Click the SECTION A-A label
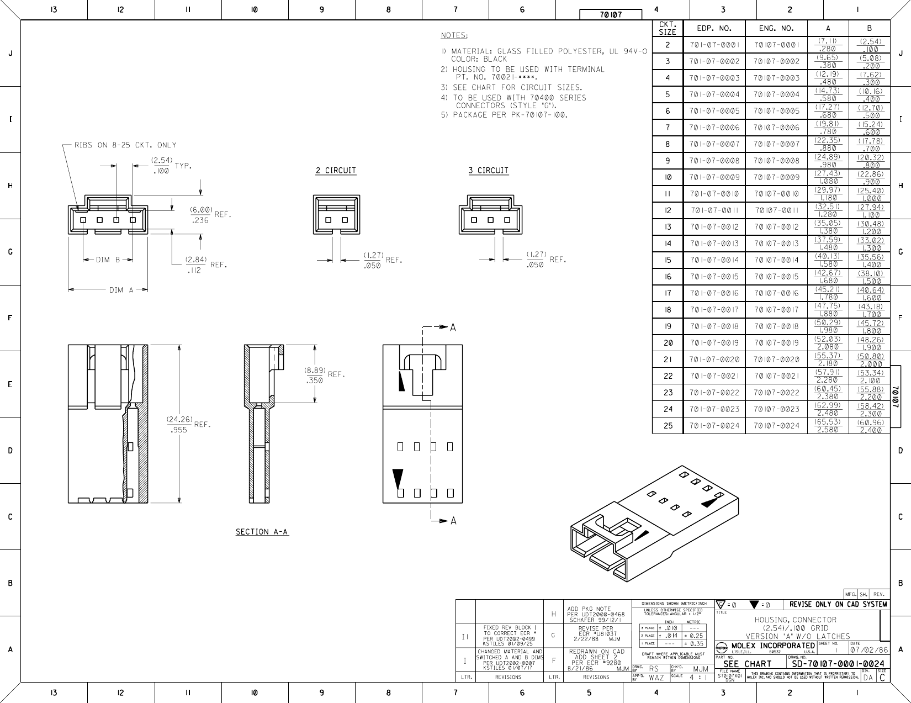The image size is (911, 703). coord(262,532)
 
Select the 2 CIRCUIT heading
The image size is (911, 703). coord(336,170)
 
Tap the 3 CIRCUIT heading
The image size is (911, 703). coord(488,170)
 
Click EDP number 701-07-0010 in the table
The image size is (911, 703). coord(714,194)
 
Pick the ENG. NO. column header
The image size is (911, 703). coord(776,28)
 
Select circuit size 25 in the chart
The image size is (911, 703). coord(668,426)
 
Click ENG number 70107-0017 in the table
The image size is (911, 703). coord(776,310)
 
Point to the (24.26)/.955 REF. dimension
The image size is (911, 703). coord(187,424)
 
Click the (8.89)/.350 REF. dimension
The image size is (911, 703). coord(324,375)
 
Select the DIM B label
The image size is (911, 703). coord(108,260)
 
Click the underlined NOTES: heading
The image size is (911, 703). coord(454,35)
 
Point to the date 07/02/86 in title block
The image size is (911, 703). coord(869,650)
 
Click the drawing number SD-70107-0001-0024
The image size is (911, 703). coord(838,664)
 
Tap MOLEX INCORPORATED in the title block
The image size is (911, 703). coord(773,646)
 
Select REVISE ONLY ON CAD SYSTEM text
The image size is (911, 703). coord(838,604)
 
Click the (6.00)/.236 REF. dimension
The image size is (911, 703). coord(209,215)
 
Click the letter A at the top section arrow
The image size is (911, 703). coord(453,327)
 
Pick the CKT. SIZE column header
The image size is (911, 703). coord(667,28)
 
